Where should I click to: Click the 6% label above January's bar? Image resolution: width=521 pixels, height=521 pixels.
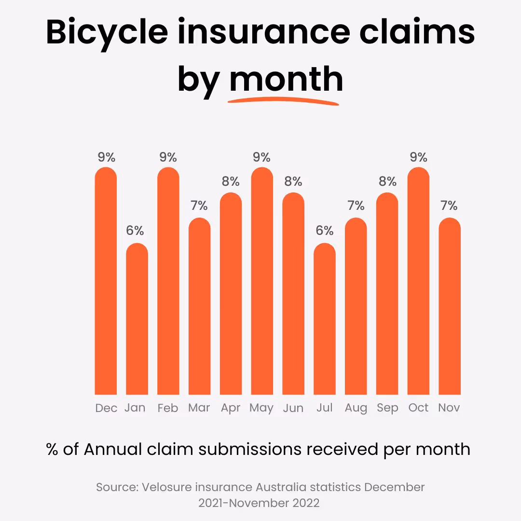[135, 231]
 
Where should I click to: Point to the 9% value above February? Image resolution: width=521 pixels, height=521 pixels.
[168, 157]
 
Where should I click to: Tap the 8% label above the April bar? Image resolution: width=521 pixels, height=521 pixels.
[231, 181]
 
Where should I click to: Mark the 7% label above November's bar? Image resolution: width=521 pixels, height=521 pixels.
[449, 206]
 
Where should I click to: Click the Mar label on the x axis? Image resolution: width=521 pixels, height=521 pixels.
[199, 408]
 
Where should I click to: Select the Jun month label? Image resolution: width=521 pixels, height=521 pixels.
[293, 408]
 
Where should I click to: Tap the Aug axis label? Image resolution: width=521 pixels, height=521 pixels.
[356, 408]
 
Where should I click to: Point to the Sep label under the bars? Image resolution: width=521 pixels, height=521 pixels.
[387, 408]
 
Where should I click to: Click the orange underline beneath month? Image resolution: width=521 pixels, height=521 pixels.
[284, 101]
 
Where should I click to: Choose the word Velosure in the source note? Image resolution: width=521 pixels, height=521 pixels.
[164, 487]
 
